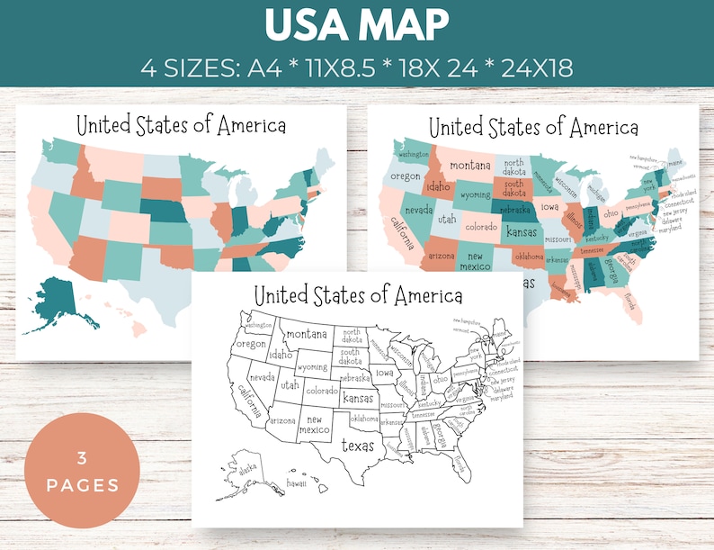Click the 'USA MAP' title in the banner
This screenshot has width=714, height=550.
tap(357, 27)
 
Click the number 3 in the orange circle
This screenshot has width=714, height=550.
tap(83, 458)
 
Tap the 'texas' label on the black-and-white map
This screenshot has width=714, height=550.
tap(358, 445)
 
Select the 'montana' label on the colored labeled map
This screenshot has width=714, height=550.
tap(470, 165)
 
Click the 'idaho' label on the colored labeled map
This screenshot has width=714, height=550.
tap(439, 186)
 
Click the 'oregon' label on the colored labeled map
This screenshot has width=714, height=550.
tap(406, 176)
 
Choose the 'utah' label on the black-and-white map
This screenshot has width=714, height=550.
tap(290, 384)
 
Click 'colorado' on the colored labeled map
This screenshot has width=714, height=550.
tap(482, 227)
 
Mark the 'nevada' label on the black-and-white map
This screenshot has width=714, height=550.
tap(263, 377)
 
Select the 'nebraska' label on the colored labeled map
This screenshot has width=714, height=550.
tap(516, 210)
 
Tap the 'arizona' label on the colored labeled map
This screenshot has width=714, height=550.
tap(442, 257)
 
